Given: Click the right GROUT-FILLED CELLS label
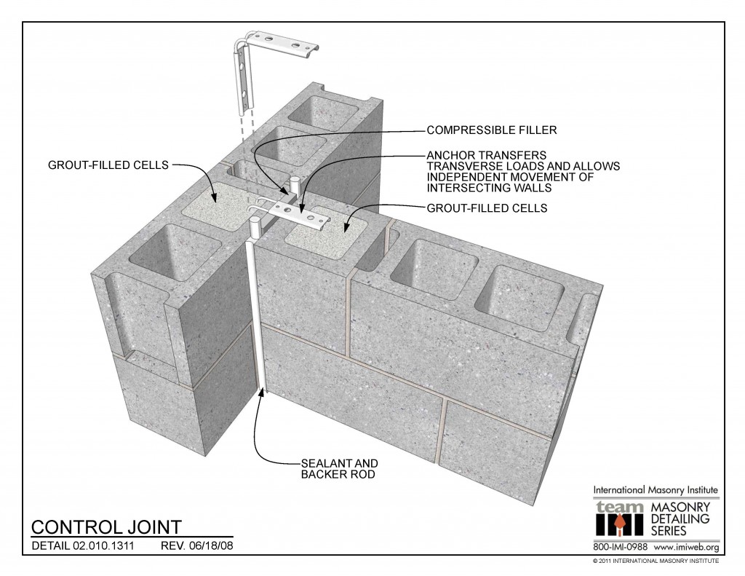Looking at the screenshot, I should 487,208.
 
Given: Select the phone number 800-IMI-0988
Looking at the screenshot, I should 621,547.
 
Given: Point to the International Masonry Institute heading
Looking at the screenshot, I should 656,489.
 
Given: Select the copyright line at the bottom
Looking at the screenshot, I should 656,561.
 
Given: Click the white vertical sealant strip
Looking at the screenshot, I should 258,320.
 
